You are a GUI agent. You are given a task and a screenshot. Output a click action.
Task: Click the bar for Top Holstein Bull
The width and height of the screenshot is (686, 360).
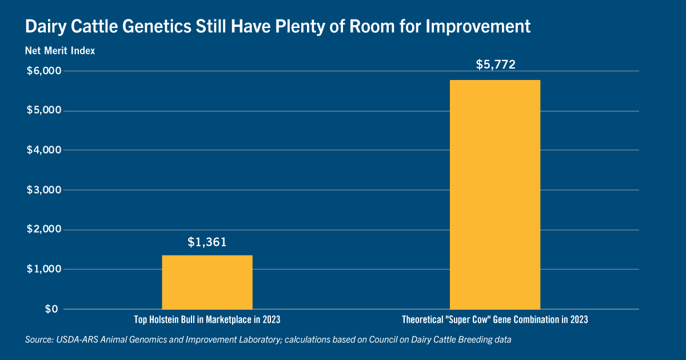207,282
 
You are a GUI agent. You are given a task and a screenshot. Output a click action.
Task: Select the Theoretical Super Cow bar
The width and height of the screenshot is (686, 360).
495,195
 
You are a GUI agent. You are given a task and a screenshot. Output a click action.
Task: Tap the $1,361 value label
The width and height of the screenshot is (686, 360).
207,242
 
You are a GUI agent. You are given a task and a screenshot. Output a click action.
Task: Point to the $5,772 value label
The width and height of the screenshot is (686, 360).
496,64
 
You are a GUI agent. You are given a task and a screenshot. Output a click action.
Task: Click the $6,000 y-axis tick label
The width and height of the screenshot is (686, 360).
44,71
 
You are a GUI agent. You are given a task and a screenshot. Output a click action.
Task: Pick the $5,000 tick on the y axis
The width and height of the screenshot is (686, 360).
44,110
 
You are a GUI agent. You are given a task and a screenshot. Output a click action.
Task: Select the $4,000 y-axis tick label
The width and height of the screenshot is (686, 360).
44,150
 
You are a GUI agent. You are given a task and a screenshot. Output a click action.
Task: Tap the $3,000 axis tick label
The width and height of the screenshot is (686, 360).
44,190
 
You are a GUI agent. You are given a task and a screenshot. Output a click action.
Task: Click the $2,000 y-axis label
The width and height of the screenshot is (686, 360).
44,229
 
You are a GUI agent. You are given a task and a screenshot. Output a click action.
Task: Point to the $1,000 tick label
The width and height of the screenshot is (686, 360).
44,269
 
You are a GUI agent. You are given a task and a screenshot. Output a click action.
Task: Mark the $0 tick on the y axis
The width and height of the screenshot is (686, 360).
51,309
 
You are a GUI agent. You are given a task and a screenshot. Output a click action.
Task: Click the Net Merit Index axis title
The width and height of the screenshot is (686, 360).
60,50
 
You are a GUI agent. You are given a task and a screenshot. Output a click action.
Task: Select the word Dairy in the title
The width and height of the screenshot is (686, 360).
46,27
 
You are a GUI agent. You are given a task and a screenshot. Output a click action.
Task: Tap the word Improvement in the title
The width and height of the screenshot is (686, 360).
478,27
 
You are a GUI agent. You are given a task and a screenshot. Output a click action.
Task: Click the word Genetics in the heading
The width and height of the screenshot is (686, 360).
157,26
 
